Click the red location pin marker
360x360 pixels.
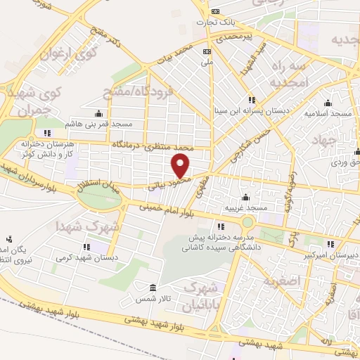(181, 166)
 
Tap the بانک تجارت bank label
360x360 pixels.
(214, 22)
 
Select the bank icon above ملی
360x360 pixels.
(207, 51)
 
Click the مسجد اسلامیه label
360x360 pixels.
(327, 112)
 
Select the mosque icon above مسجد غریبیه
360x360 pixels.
(245, 197)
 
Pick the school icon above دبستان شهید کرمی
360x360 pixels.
(86, 247)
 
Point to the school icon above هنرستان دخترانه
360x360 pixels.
(47, 132)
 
